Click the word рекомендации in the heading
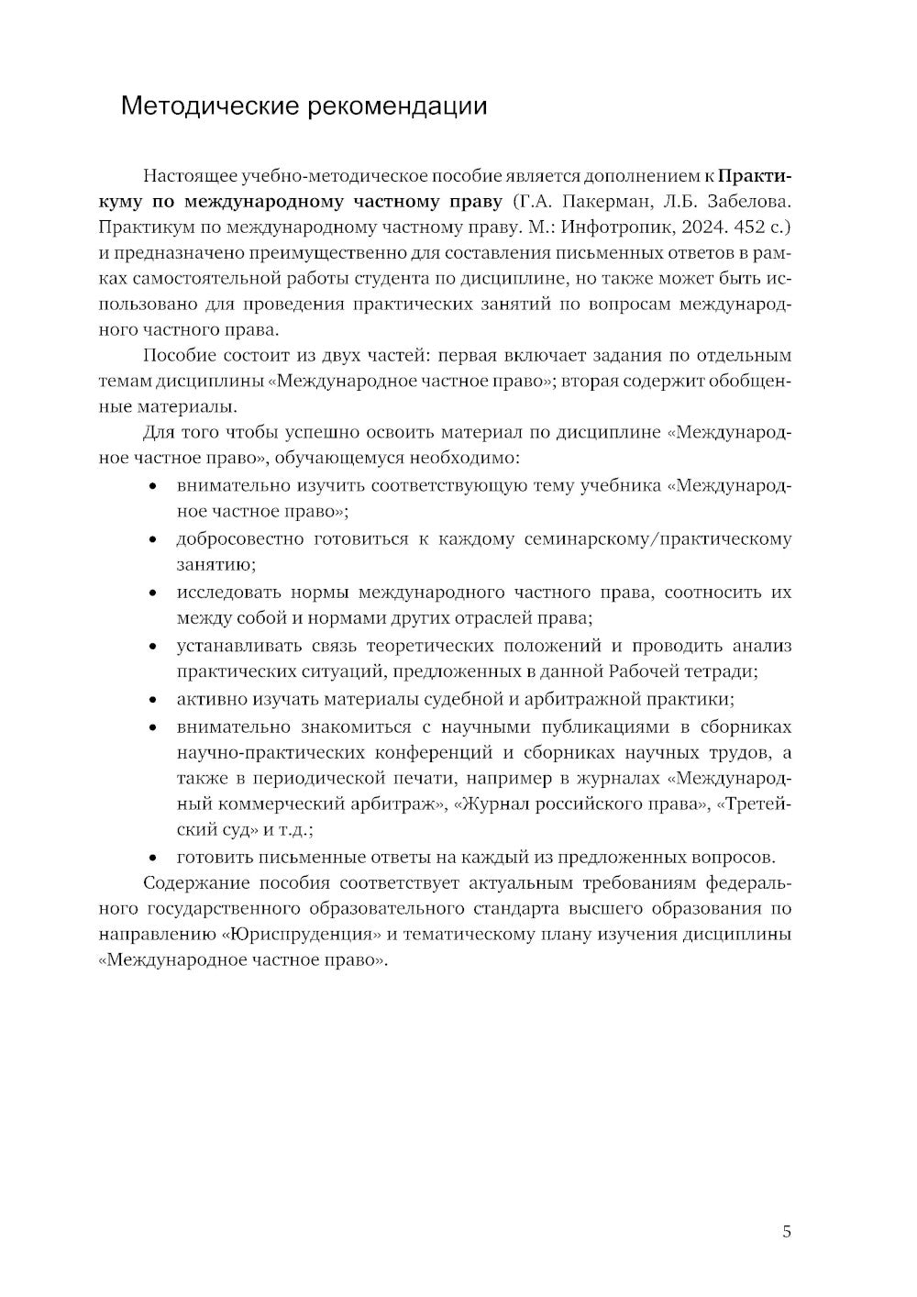tap(396, 106)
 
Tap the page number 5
tap(787, 1232)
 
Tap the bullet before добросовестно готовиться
tap(154, 540)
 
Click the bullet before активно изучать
tap(154, 701)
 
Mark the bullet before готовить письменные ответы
tap(154, 859)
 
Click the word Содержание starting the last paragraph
tap(190, 884)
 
